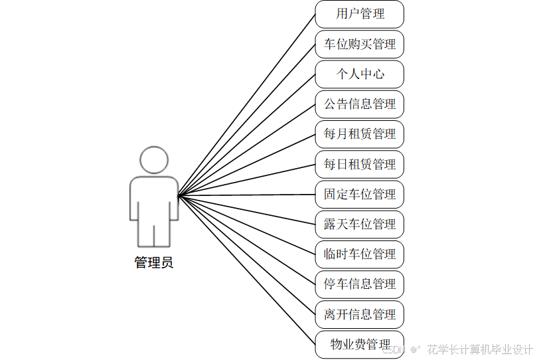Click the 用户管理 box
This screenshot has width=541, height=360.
(359, 14)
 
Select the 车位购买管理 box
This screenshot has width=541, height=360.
(359, 45)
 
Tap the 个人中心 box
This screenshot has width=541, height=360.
(359, 74)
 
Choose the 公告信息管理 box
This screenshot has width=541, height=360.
(359, 104)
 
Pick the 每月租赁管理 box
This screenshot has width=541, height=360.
(359, 134)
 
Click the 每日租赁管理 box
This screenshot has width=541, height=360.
(359, 164)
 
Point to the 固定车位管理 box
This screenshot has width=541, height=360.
(359, 195)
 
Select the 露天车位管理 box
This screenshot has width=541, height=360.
(359, 225)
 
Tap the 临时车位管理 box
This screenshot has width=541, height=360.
(359, 254)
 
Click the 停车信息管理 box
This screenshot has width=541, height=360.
(359, 284)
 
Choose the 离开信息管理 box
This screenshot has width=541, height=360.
(359, 314)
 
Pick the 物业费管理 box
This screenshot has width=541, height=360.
(359, 344)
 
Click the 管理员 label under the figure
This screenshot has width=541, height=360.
(154, 263)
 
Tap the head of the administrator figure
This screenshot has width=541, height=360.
(154, 160)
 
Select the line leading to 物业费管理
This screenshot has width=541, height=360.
(246, 269)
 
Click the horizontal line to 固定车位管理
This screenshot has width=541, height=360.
(246, 195)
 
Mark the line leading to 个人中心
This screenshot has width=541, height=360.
(246, 135)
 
